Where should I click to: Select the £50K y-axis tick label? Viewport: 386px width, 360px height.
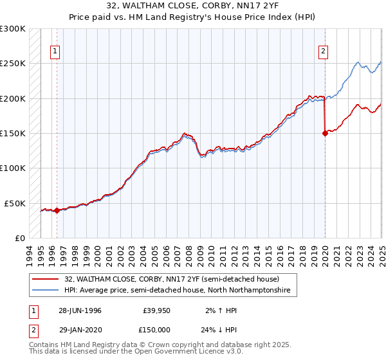pos(15,203)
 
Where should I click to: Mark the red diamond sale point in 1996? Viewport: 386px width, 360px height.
pos(57,210)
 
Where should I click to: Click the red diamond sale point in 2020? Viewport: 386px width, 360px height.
pos(325,133)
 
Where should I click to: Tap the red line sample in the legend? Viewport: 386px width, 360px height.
pos(46,280)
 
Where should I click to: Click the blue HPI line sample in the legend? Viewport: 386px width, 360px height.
pos(46,291)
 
